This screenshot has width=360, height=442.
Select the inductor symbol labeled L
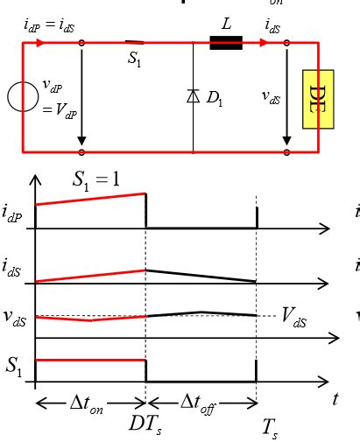point(226,43)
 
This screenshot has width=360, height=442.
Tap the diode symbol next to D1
point(193,95)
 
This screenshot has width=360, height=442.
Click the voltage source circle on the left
point(22,96)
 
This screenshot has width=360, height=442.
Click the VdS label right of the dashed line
point(294,316)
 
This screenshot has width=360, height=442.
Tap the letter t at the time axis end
point(335,398)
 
